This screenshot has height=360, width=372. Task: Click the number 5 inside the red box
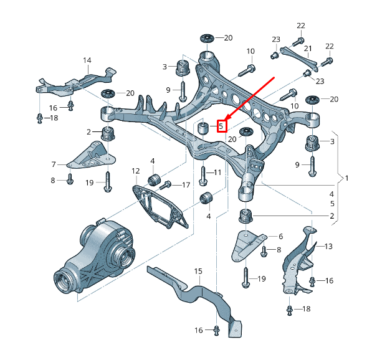(x=221, y=126)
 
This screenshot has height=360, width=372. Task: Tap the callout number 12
(x=135, y=171)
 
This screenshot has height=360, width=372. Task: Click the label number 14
(x=87, y=60)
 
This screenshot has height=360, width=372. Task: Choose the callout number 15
(x=198, y=271)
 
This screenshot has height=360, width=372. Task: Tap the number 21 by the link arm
(x=307, y=49)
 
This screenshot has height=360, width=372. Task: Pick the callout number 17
(x=185, y=185)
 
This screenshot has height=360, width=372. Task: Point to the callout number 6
(x=280, y=237)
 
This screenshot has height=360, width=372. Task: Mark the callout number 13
(x=328, y=246)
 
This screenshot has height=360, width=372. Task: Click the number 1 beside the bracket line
(x=347, y=179)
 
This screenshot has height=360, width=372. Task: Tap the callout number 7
(x=54, y=165)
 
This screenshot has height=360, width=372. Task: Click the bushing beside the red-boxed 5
(x=203, y=128)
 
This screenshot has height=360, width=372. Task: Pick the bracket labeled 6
(x=247, y=244)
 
